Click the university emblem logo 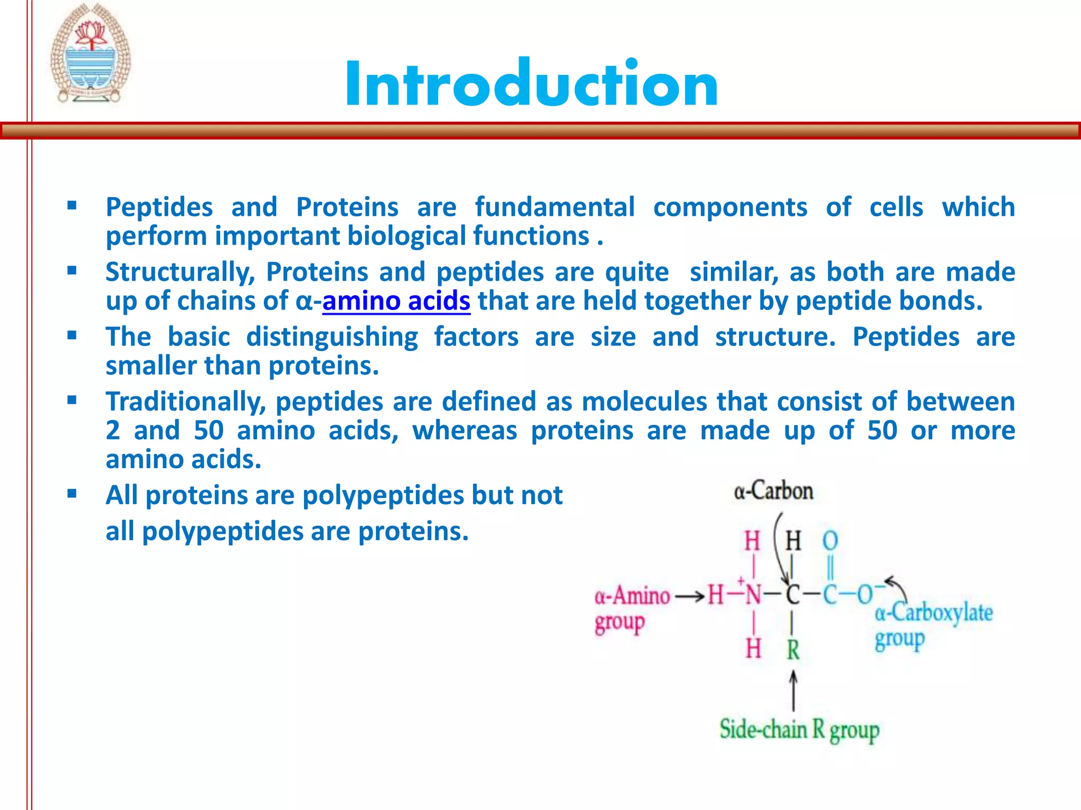pos(90,54)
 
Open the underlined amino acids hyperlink pos(396,301)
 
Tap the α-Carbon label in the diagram pos(773,491)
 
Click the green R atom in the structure pos(793,650)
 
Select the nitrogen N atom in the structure pos(753,595)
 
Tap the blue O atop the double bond pos(830,541)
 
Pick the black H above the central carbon pos(793,541)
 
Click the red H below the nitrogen pos(753,648)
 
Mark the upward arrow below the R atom pos(793,690)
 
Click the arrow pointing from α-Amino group pos(689,596)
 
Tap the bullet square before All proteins pos(72,494)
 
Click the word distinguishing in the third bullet pos(332,337)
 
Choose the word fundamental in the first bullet pos(554,207)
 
